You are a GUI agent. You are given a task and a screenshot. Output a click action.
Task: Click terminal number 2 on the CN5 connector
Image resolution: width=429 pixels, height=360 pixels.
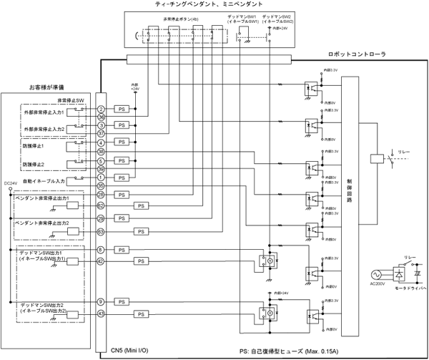tap(102, 108)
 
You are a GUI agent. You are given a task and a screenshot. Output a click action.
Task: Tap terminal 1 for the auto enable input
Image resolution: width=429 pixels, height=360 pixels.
tap(102, 177)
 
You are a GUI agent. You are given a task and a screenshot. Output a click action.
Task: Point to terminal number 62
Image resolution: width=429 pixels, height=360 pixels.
tap(102, 205)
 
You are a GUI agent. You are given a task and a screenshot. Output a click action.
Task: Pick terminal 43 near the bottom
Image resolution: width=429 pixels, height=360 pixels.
tap(102, 314)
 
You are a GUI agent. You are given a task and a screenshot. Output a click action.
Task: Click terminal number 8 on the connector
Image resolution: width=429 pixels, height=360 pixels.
tap(102, 249)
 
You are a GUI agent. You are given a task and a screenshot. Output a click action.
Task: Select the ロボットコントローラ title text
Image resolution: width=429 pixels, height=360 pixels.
tap(357, 54)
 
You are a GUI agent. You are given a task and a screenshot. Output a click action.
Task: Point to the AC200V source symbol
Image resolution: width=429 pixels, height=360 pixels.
tap(377, 276)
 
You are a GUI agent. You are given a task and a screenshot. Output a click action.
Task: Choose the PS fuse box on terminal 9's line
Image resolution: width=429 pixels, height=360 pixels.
tap(123, 302)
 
